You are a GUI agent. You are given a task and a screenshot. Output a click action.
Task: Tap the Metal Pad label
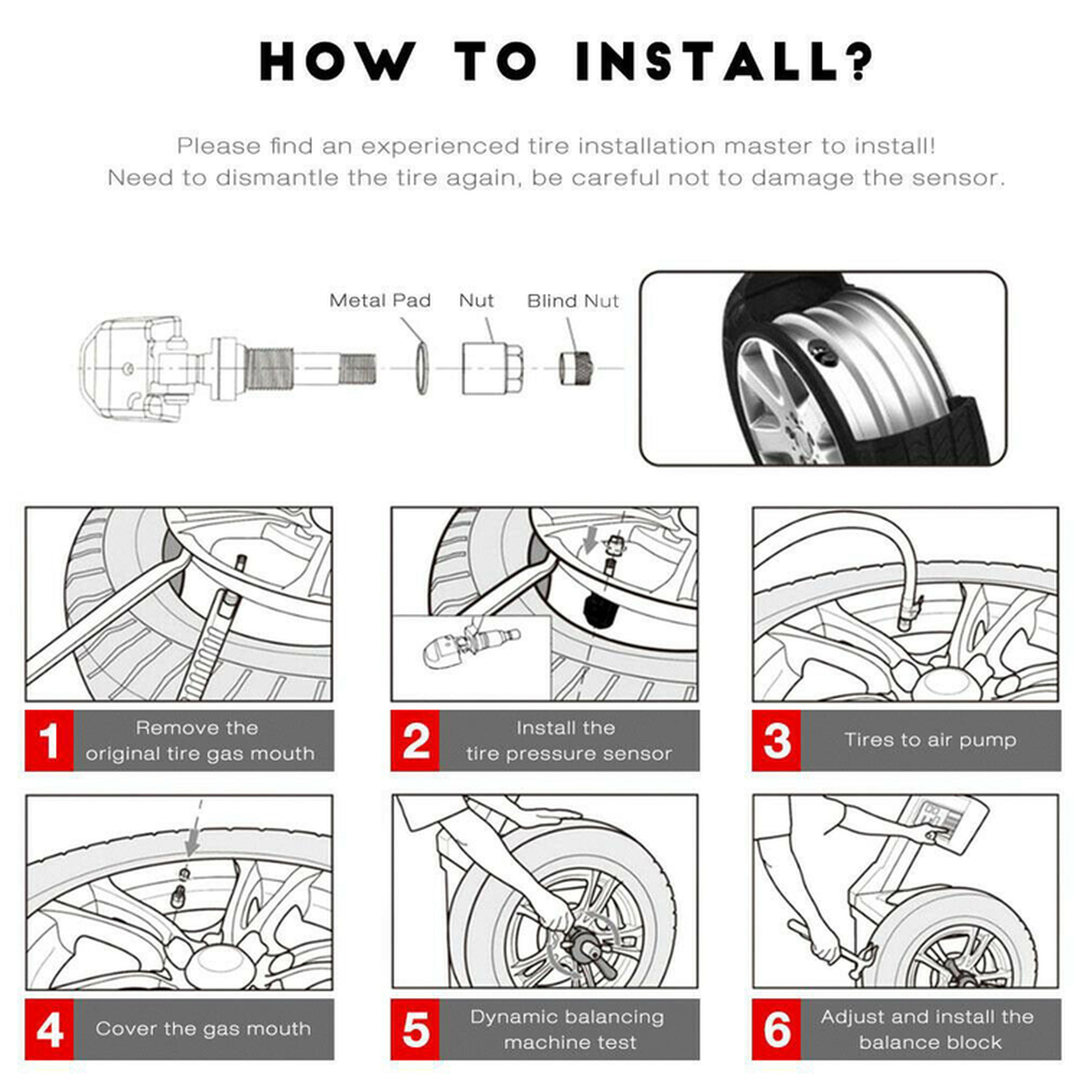tap(380, 300)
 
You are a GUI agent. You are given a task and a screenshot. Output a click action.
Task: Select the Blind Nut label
tap(573, 300)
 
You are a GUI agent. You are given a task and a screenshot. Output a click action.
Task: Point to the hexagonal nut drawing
tap(487, 368)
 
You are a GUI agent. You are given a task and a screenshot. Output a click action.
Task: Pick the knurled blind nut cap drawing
tap(573, 368)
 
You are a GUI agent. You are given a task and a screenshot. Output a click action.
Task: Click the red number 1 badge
tap(49, 740)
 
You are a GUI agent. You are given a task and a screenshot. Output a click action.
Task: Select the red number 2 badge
tap(415, 740)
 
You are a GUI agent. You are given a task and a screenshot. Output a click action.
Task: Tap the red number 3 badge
tap(776, 740)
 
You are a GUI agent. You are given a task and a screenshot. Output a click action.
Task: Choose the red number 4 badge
tap(49, 1029)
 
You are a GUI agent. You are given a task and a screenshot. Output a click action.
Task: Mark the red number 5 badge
tap(415, 1029)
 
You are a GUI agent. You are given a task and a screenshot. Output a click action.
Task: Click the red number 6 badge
tap(776, 1029)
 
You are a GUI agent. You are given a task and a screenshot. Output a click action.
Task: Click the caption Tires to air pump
tap(930, 740)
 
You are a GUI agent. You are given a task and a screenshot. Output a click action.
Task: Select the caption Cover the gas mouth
tap(203, 1029)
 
